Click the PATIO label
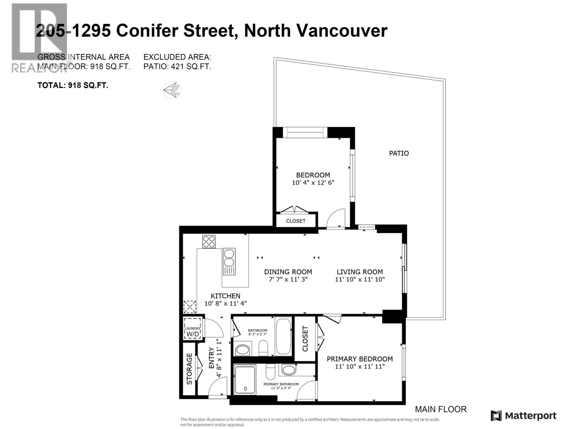pos(399,153)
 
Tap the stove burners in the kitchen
pos(209,241)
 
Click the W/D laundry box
pos(192,328)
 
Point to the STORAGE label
pos(189,369)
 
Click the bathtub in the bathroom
pos(284,336)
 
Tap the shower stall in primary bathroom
pos(245,379)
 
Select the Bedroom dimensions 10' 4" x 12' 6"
pos(313,183)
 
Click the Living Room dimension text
pos(360,280)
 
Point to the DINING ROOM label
pos(288,272)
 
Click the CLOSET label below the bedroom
pos(296,221)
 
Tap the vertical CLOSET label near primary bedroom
pos(305,339)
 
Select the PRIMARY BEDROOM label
pos(360,359)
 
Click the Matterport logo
pos(523,416)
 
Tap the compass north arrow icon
pos(172,89)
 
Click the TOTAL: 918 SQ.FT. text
pos(73,85)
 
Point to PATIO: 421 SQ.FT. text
pos(177,66)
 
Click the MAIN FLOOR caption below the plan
pos(440,409)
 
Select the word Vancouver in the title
pos(342,31)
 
